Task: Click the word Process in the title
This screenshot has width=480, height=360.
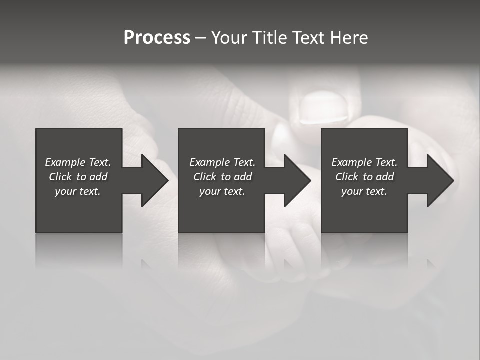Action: coord(157,38)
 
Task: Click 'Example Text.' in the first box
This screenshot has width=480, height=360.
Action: coord(78,162)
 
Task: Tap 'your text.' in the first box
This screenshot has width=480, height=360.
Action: coord(78,191)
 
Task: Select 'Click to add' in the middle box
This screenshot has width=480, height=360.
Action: coord(222,177)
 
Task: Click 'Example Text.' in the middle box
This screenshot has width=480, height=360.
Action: coord(222,162)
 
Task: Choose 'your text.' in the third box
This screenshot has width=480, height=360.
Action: coord(364,191)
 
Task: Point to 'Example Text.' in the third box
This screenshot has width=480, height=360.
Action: coord(364,162)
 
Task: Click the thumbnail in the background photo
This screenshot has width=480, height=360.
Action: coord(322,107)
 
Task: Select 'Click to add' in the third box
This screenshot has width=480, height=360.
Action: coord(364,177)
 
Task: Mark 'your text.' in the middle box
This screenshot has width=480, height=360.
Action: coord(222,191)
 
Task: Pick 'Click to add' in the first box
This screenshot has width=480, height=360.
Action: coord(78,177)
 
